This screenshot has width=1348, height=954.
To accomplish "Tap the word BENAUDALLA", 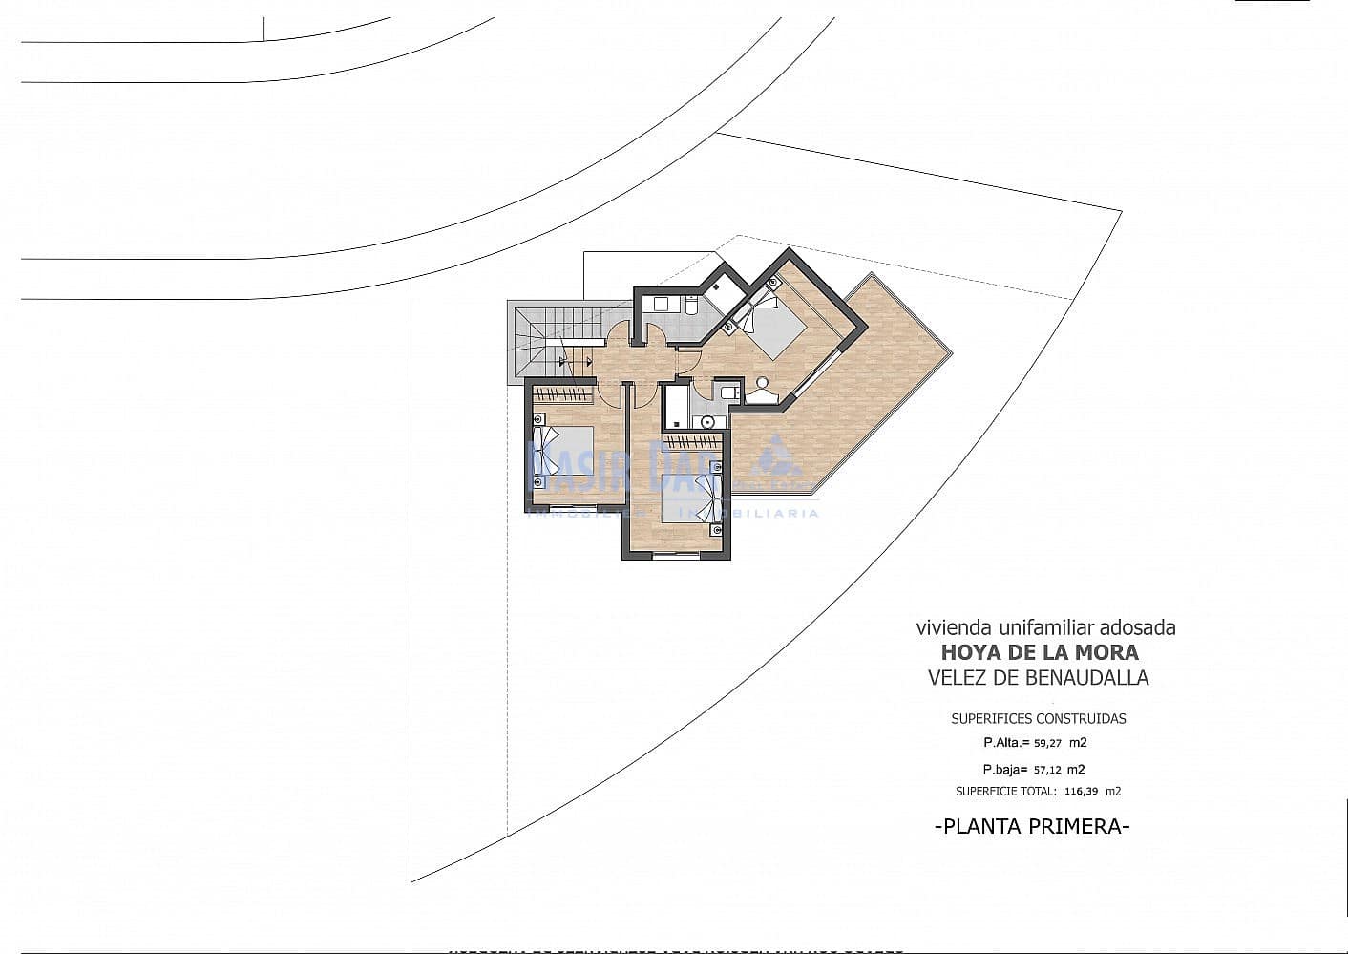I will pos(1088,678).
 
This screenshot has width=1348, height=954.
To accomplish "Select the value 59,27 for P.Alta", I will pos(1048,742).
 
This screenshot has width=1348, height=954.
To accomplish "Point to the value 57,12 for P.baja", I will pos(1046,770).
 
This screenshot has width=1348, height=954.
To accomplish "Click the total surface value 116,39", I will pos(1080,792).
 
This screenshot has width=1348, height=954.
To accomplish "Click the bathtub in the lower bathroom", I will pos(676,406).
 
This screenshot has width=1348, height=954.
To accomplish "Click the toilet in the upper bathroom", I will pos(691,306).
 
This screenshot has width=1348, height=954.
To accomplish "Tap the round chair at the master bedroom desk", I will pos(762,383).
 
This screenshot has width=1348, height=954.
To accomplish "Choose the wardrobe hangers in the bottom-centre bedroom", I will pos(693,441).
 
